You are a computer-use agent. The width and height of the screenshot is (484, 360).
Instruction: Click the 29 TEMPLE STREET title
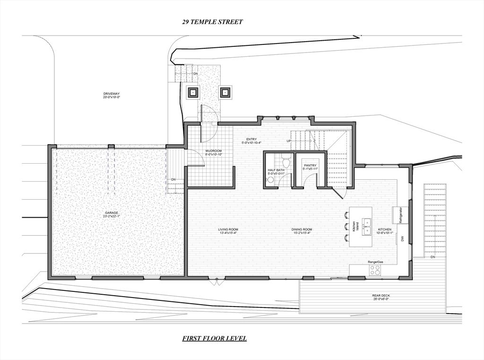click(212, 22)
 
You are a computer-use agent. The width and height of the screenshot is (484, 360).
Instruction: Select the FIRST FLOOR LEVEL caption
click(215, 338)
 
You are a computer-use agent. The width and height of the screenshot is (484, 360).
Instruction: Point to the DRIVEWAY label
click(112, 96)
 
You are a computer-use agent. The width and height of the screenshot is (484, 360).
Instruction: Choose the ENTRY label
click(251, 141)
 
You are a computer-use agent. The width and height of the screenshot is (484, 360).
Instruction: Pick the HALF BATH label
click(276, 172)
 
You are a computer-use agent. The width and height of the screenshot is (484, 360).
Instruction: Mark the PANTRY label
click(310, 167)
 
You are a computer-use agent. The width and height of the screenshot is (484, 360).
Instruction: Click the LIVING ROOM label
click(228, 231)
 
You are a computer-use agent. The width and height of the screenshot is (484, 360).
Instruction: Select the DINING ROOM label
click(302, 231)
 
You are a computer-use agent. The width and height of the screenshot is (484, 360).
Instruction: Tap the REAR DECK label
click(380, 297)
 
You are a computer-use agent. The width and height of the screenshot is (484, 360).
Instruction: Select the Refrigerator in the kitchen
click(400, 215)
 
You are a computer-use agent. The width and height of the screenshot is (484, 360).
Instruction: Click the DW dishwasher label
click(402, 238)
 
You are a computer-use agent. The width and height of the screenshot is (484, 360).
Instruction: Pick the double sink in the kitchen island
click(367, 227)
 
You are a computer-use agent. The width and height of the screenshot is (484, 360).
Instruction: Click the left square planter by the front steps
click(193, 92)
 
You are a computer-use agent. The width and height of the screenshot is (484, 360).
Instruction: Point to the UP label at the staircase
click(289, 141)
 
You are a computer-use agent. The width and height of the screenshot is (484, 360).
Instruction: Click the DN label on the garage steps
click(173, 180)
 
